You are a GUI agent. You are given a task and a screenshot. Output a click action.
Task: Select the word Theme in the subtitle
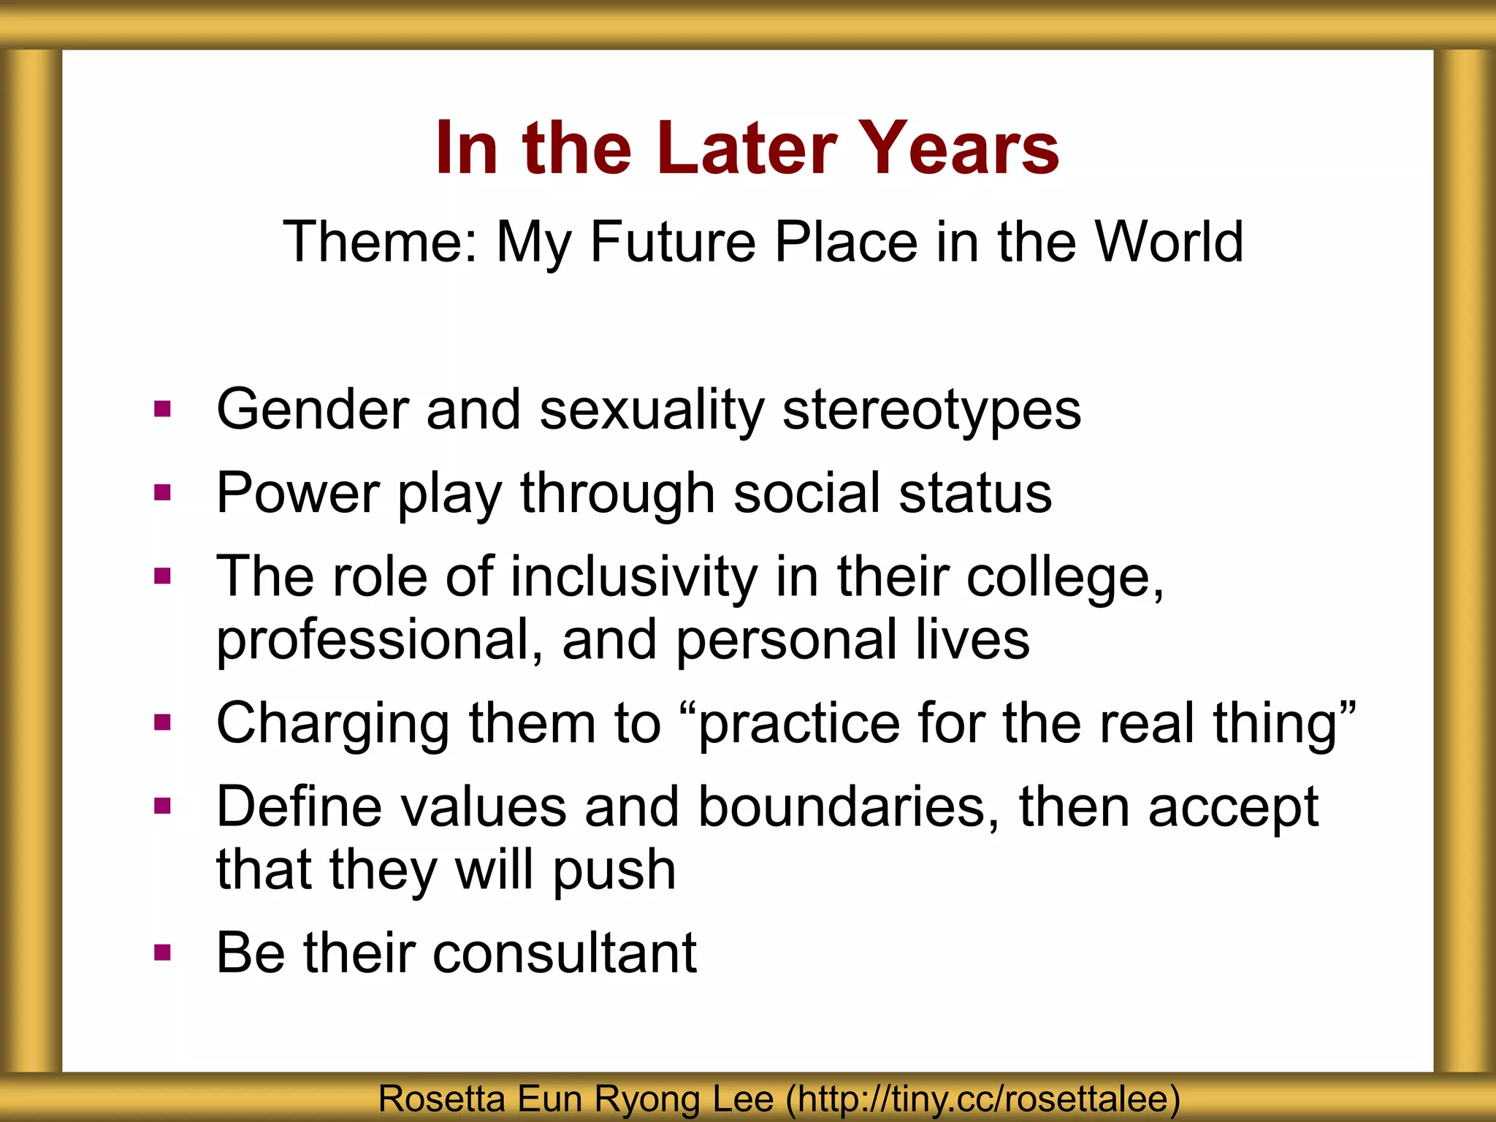coord(380,242)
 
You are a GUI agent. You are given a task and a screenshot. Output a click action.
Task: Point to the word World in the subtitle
coord(1168,242)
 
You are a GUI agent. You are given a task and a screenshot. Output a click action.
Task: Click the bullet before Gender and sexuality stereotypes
coord(162,408)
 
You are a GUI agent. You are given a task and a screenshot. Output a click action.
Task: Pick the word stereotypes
coord(931,411)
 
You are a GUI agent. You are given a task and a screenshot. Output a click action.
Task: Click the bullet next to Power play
coord(162,493)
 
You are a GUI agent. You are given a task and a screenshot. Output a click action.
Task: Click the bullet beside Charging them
coord(162,723)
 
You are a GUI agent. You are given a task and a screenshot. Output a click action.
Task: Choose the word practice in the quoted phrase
coord(799,725)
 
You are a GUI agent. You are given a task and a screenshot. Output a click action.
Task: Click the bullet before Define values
coord(162,806)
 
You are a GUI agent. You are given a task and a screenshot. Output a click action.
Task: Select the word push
coord(614,871)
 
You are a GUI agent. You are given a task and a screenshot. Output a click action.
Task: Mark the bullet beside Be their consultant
coord(162,953)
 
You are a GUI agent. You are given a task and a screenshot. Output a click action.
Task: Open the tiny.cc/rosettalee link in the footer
coord(982,1099)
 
